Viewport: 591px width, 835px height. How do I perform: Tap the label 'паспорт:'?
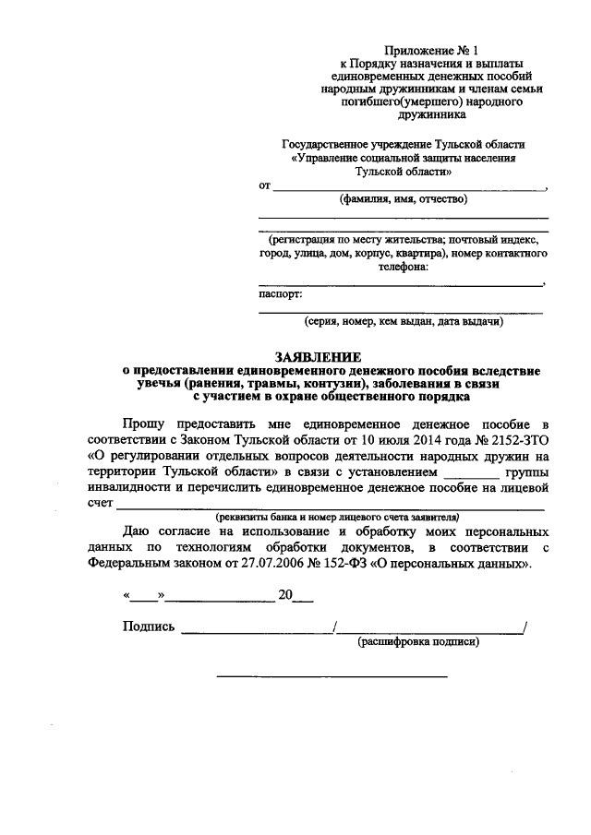click(x=280, y=294)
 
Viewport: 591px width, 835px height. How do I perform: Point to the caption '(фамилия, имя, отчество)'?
click(x=403, y=198)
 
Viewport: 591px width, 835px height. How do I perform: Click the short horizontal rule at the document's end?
click(x=332, y=677)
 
